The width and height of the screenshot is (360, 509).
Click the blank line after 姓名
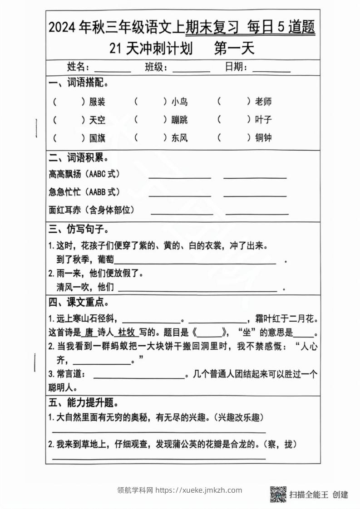tap(112, 70)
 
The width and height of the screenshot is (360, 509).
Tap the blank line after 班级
tap(191, 70)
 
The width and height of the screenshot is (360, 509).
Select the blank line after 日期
tap(271, 70)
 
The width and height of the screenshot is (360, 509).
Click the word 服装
tap(97, 102)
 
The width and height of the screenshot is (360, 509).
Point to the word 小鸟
tap(179, 102)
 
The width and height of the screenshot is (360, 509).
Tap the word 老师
tap(263, 102)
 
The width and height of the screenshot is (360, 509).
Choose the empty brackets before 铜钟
tap(234, 137)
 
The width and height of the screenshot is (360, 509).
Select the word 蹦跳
tap(179, 120)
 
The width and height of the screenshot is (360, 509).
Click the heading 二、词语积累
tap(78, 158)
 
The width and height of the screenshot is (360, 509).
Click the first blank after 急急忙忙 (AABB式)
tap(180, 195)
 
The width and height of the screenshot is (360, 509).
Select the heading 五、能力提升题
tap(84, 402)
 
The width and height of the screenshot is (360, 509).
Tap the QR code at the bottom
tap(278, 494)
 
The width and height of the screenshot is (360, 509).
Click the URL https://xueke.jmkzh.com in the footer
tap(199, 490)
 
